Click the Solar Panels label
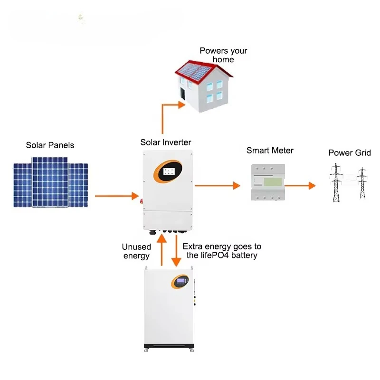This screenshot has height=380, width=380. [x=50, y=145]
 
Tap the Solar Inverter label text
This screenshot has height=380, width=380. [x=165, y=142]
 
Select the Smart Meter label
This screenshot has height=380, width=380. [x=270, y=151]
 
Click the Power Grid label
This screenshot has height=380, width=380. [x=350, y=153]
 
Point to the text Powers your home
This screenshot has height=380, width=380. [x=223, y=55]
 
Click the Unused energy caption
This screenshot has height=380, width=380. [x=136, y=251]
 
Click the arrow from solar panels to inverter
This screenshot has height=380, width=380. [x=116, y=195]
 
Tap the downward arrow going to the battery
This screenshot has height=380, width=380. [x=176, y=252]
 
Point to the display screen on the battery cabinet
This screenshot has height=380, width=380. [x=180, y=281]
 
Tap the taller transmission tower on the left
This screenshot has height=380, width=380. [x=336, y=182]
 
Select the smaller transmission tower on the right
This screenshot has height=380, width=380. [x=362, y=183]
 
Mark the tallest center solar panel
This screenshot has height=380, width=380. [x=50, y=181]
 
